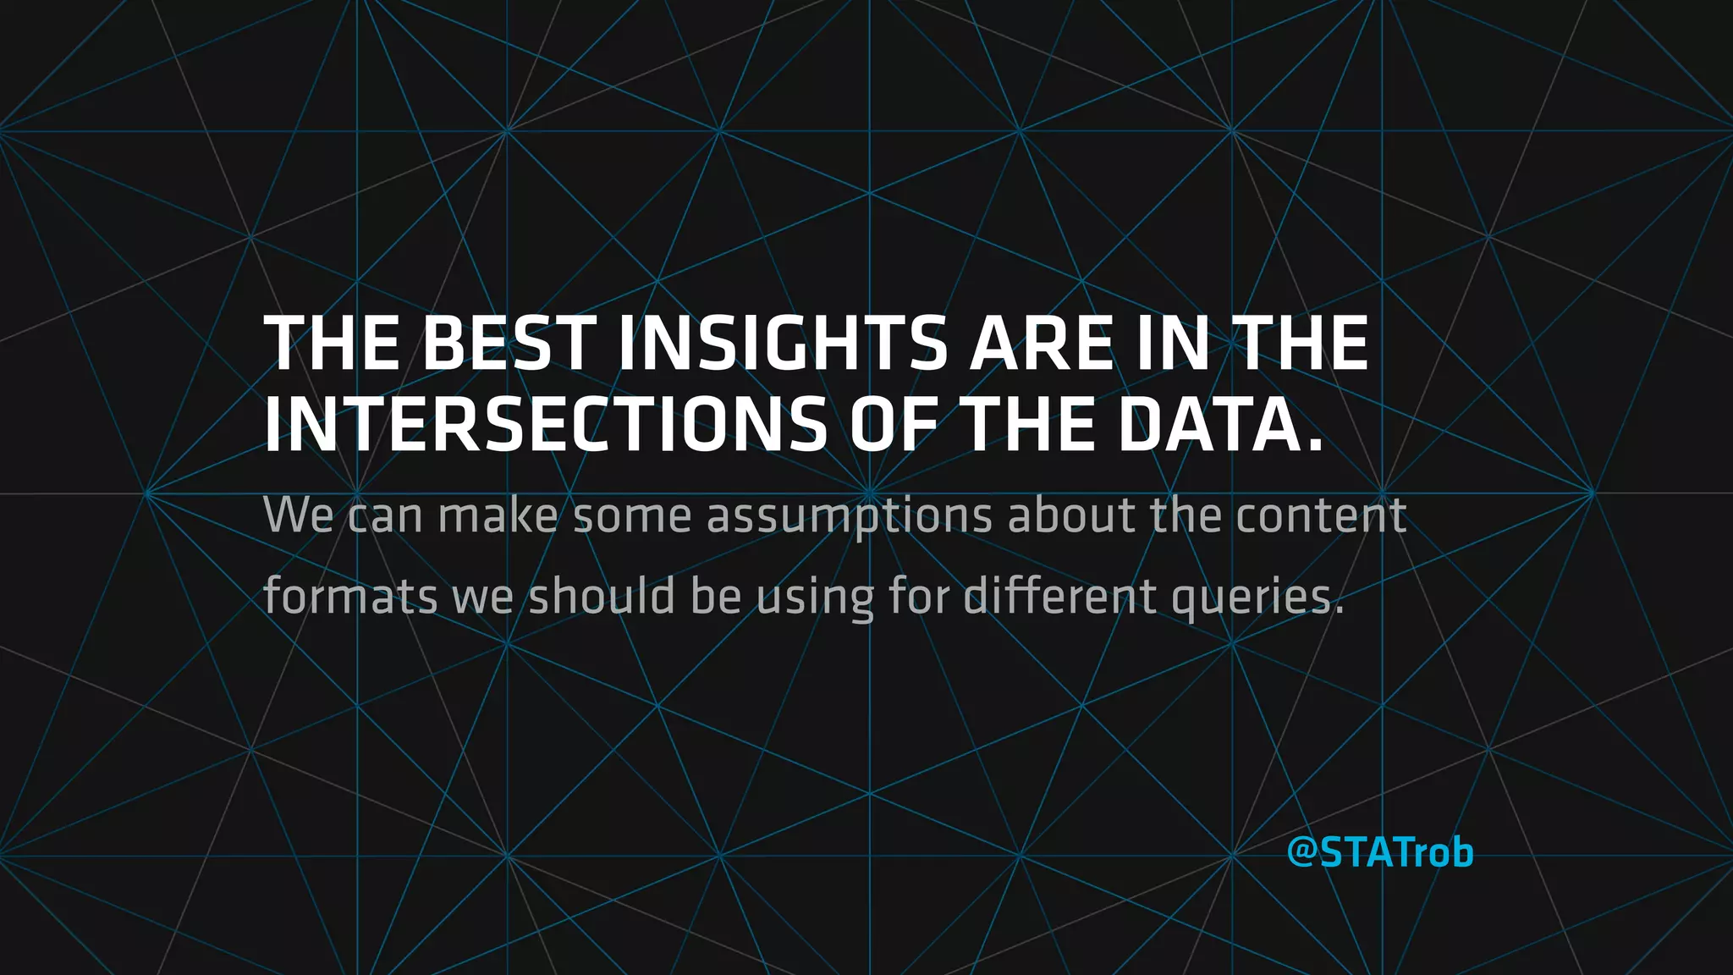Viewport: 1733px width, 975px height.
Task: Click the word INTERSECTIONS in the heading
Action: pos(546,425)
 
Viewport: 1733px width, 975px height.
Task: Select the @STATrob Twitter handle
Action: pos(1380,852)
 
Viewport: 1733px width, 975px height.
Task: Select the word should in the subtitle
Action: pos(602,596)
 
